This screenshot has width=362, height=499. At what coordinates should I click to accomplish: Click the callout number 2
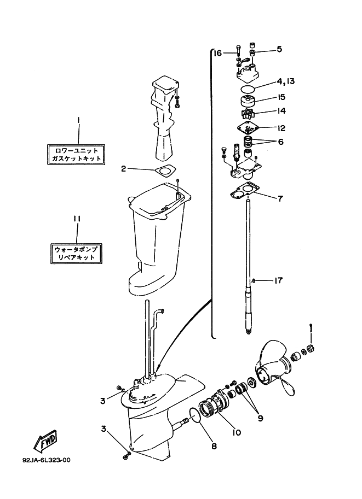[x=124, y=169]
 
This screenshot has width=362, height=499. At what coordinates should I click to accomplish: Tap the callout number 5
[x=279, y=49]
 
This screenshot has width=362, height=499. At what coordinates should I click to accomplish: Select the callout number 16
[x=217, y=53]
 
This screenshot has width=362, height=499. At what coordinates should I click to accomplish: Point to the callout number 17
[x=278, y=280]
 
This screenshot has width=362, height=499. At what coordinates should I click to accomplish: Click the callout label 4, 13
[x=285, y=81]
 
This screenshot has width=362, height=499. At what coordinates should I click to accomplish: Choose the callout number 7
[x=280, y=198]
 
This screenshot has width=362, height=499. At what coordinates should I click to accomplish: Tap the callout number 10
[x=237, y=432]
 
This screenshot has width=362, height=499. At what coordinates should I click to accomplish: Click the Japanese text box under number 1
[x=76, y=154]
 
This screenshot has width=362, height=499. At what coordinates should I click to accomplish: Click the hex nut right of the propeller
[x=309, y=349]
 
